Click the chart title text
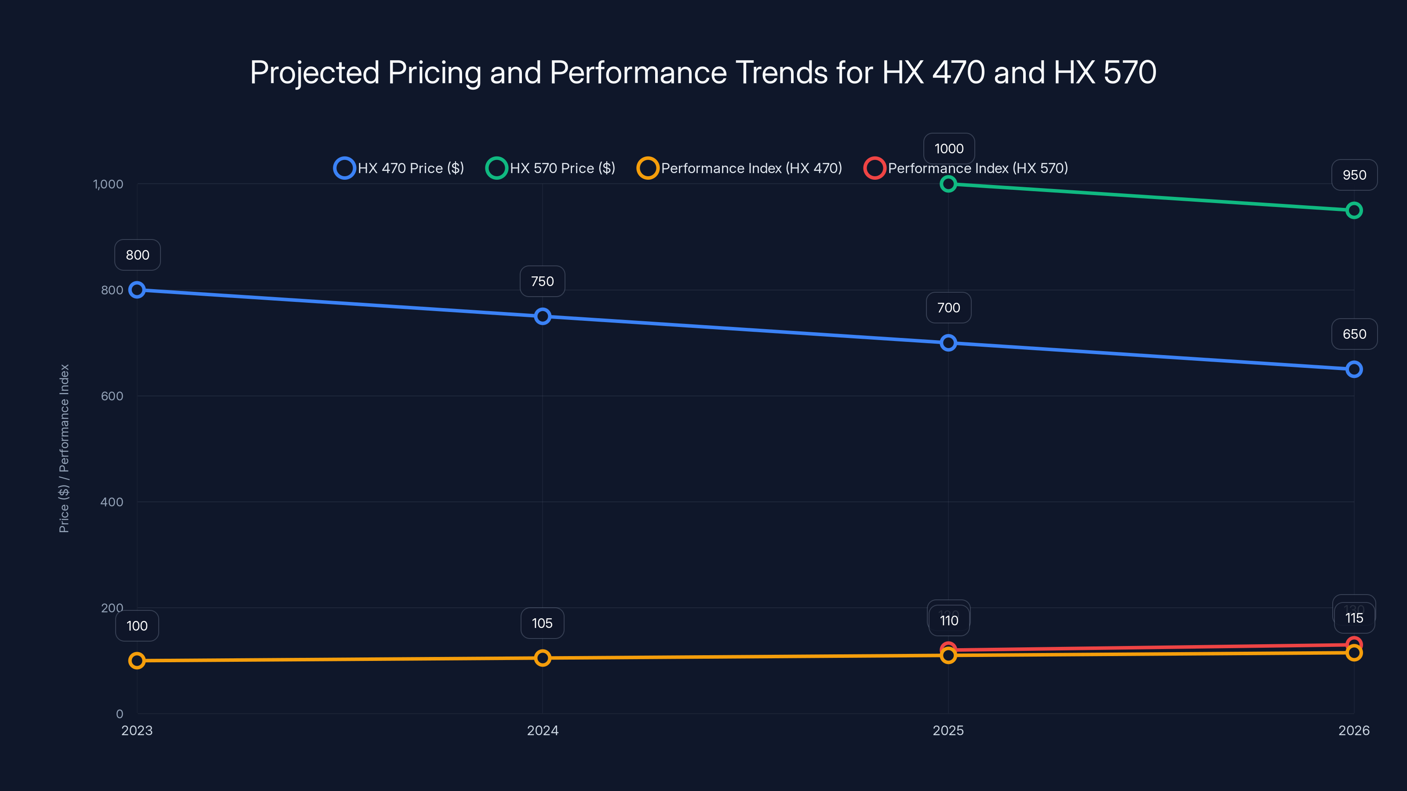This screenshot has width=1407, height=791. pyautogui.click(x=703, y=72)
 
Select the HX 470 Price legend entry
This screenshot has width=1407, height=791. pyautogui.click(x=399, y=168)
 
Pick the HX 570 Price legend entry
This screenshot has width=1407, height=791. pyautogui.click(x=550, y=168)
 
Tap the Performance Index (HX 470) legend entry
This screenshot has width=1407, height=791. pyautogui.click(x=740, y=168)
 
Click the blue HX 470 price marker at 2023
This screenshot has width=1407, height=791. pyautogui.click(x=137, y=290)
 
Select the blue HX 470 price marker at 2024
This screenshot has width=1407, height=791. pyautogui.click(x=543, y=316)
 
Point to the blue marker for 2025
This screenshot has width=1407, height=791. pyautogui.click(x=948, y=343)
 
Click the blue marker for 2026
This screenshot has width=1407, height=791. pyautogui.click(x=1354, y=370)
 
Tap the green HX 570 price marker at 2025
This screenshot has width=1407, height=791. pyautogui.click(x=948, y=184)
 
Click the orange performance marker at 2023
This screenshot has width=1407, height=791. pyautogui.click(x=137, y=660)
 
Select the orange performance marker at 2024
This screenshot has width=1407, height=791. pyautogui.click(x=543, y=658)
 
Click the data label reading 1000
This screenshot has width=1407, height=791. pyautogui.click(x=949, y=149)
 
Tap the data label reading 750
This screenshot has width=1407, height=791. pyautogui.click(x=543, y=281)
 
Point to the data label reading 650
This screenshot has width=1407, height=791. pyautogui.click(x=1354, y=334)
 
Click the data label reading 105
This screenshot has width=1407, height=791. pyautogui.click(x=543, y=623)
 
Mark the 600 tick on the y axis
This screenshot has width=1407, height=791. pyautogui.click(x=112, y=396)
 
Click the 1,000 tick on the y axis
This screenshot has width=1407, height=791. pyautogui.click(x=108, y=184)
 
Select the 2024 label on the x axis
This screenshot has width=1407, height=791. pyautogui.click(x=543, y=730)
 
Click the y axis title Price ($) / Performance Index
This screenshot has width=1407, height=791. pyautogui.click(x=64, y=448)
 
